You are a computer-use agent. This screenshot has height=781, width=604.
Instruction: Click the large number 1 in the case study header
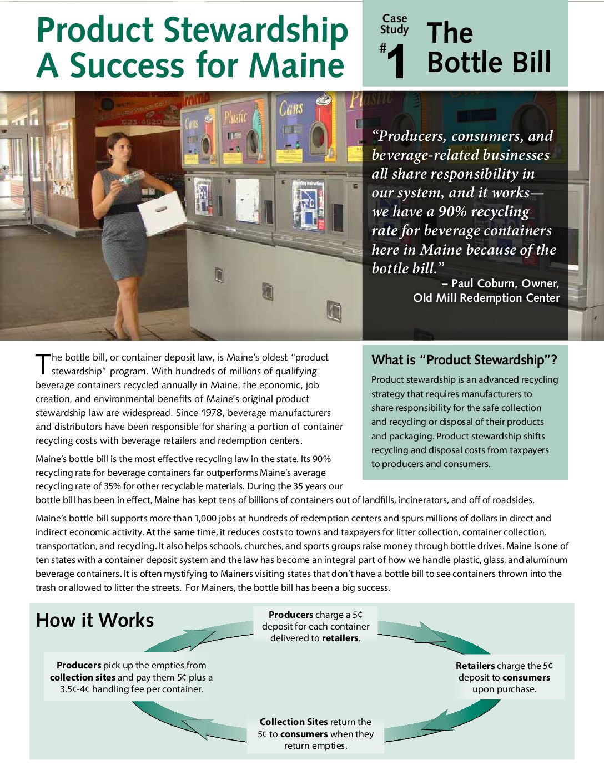pyautogui.click(x=396, y=62)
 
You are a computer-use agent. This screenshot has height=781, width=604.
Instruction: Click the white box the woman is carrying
pyautogui.click(x=162, y=212)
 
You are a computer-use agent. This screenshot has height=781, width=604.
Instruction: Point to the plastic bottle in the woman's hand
pyautogui.click(x=132, y=177)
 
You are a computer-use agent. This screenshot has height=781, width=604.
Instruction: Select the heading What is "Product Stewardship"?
pyautogui.click(x=464, y=360)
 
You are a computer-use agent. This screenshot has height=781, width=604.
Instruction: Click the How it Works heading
pyautogui.click(x=94, y=620)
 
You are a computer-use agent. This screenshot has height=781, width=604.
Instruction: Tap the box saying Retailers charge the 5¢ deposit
pyautogui.click(x=504, y=677)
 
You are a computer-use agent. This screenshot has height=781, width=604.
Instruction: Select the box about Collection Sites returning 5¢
pyautogui.click(x=315, y=733)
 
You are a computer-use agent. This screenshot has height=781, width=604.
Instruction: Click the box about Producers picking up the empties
pyautogui.click(x=131, y=677)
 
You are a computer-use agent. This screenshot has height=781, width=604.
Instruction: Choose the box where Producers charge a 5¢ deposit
pyautogui.click(x=315, y=626)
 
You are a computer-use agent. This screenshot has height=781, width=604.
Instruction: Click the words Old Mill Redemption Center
pyautogui.click(x=486, y=298)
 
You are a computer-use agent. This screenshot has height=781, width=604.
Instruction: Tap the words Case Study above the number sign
pyautogui.click(x=394, y=24)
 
